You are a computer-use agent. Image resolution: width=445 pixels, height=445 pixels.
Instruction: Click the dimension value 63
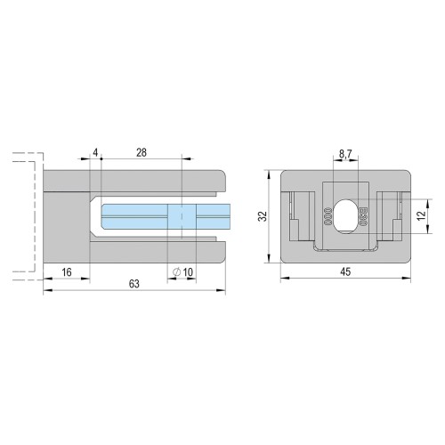(x=134, y=284)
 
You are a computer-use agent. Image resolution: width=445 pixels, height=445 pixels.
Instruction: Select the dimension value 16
(x=67, y=271)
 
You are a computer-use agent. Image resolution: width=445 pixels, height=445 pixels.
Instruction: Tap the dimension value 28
(x=142, y=152)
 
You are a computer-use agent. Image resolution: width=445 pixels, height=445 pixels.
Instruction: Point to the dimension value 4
(x=95, y=152)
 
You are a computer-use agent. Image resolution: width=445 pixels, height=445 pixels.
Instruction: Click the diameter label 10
(x=188, y=271)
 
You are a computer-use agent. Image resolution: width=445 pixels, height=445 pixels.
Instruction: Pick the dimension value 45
(x=345, y=271)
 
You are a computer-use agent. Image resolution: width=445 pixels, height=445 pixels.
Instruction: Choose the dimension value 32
(x=263, y=216)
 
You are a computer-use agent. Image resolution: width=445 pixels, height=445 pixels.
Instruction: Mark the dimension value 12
(x=422, y=215)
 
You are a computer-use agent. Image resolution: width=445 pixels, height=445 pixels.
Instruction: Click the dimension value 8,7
(x=345, y=154)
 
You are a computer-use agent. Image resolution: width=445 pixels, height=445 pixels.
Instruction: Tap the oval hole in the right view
(x=346, y=215)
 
